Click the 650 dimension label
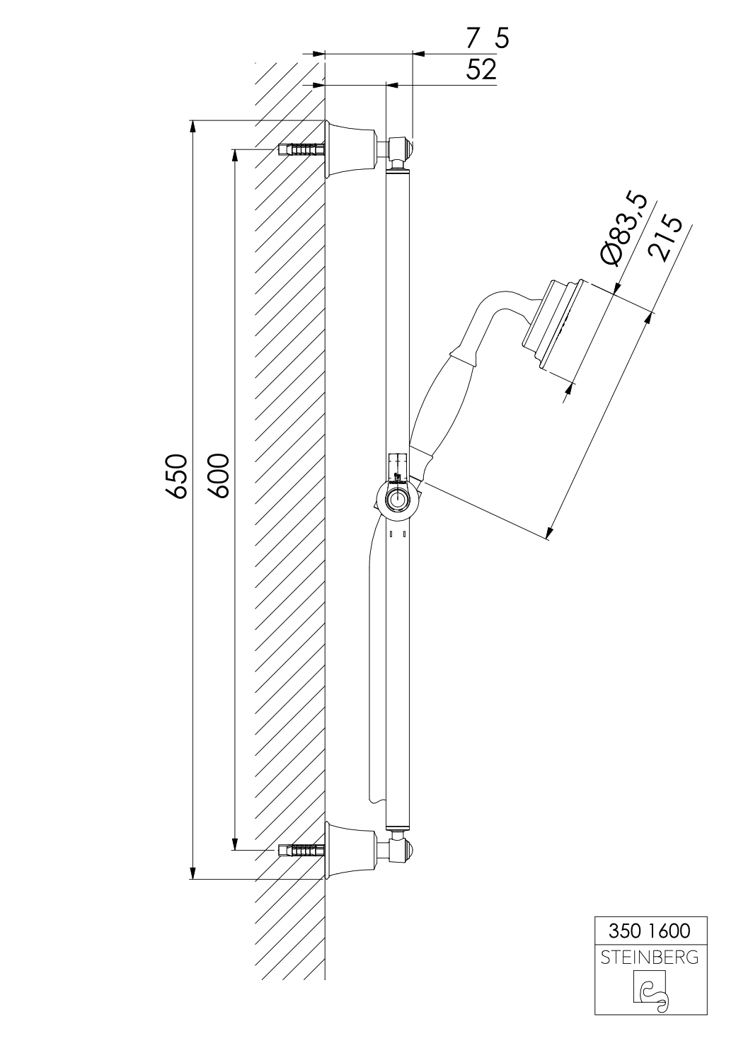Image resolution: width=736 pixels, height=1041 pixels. coord(177,476)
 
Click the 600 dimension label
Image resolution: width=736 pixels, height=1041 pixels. coord(219,476)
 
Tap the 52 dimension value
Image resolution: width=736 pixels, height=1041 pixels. coord(481,69)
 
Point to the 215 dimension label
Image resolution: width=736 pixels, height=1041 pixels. coord(665,238)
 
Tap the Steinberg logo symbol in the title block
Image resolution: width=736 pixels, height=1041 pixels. coord(650,988)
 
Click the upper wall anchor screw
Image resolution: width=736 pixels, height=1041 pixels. coord(300,149)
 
